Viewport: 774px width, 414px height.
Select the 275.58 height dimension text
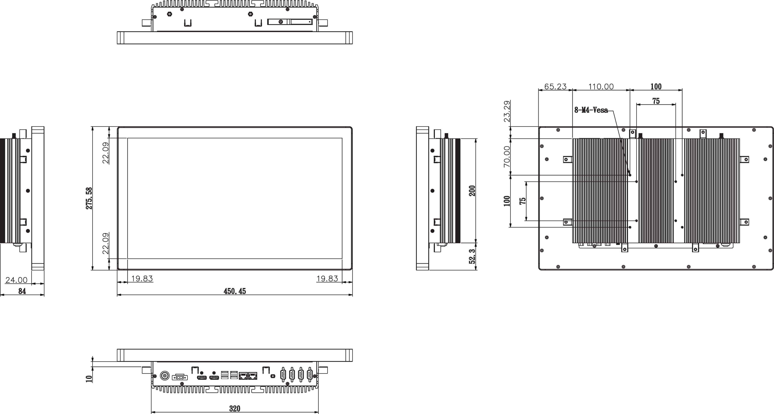pyautogui.click(x=89, y=198)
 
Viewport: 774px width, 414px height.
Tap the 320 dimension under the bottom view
pyautogui.click(x=235, y=409)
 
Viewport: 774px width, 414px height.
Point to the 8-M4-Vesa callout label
pyautogui.click(x=591, y=110)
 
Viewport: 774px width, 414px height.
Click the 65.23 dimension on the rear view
pyautogui.click(x=555, y=87)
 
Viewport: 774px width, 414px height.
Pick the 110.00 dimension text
pyautogui.click(x=601, y=87)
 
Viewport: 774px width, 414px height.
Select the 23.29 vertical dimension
pyautogui.click(x=507, y=111)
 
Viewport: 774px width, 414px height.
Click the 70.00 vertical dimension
pyautogui.click(x=507, y=157)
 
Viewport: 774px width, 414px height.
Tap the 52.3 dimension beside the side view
pyautogui.click(x=472, y=256)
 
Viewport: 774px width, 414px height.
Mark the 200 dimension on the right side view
pyautogui.click(x=472, y=191)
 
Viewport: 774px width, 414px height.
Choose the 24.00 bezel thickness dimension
pyautogui.click(x=16, y=280)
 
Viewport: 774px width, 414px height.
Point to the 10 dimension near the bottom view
pyautogui.click(x=89, y=379)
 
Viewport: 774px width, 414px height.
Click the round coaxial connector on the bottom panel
pyautogui.click(x=165, y=376)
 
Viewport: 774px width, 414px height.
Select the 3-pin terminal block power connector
pyautogui.click(x=180, y=377)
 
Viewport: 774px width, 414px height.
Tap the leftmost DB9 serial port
pyautogui.click(x=283, y=375)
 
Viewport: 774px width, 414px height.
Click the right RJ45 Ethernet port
pyautogui.click(x=253, y=376)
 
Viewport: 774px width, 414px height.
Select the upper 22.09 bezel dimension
pyautogui.click(x=106, y=153)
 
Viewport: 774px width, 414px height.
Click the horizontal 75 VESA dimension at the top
pyautogui.click(x=656, y=101)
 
